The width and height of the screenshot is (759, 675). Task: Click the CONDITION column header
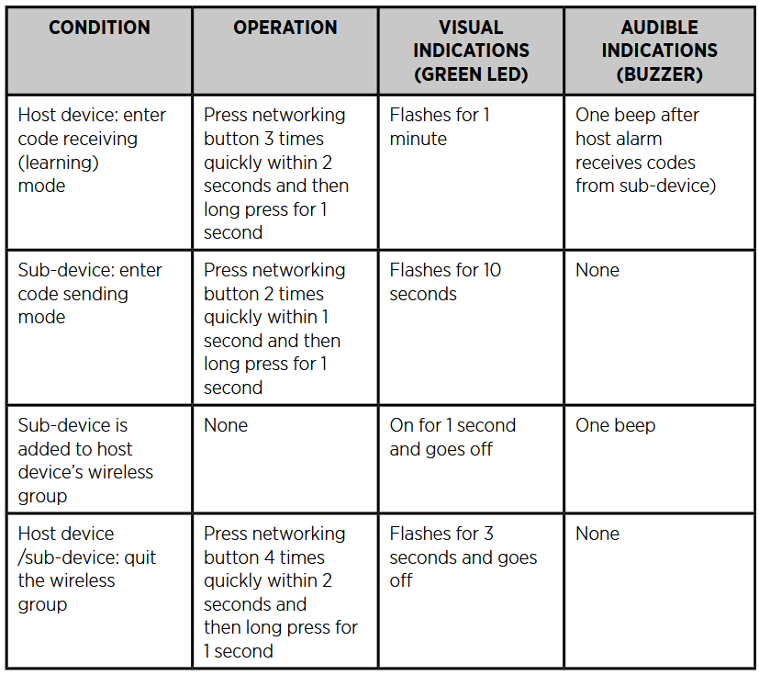pos(99,28)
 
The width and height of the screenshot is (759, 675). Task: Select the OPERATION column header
pos(285,28)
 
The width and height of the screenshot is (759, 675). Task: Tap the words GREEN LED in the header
pos(471,74)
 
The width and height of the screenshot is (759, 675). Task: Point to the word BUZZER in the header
pos(659,74)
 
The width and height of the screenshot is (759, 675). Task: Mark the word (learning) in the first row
pos(59,163)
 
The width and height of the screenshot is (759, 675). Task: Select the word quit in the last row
pos(140,557)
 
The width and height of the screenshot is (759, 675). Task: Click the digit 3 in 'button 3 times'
pos(269,139)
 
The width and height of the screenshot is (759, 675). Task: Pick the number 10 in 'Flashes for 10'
pos(491,270)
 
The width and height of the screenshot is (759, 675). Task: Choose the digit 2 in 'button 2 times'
pos(269,294)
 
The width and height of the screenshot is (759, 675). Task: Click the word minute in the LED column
pos(419,139)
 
